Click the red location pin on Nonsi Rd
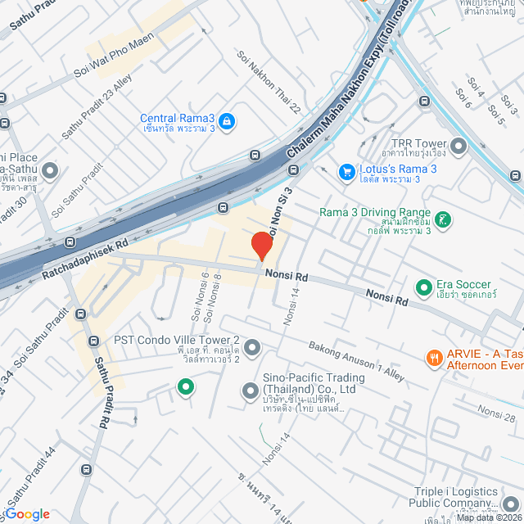click(261, 246)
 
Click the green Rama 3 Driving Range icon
click(443, 219)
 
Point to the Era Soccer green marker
click(424, 287)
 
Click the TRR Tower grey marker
click(457, 147)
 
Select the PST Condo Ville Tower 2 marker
click(252, 347)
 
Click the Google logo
click(26, 513)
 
